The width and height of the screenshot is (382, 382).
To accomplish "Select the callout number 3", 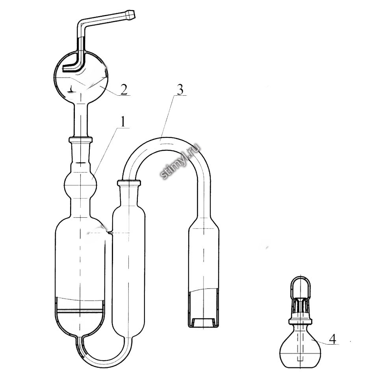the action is tap(180, 91).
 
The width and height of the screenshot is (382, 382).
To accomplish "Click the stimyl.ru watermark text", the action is tap(180, 161).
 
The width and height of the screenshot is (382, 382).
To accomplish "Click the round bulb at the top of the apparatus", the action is tap(81, 77).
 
